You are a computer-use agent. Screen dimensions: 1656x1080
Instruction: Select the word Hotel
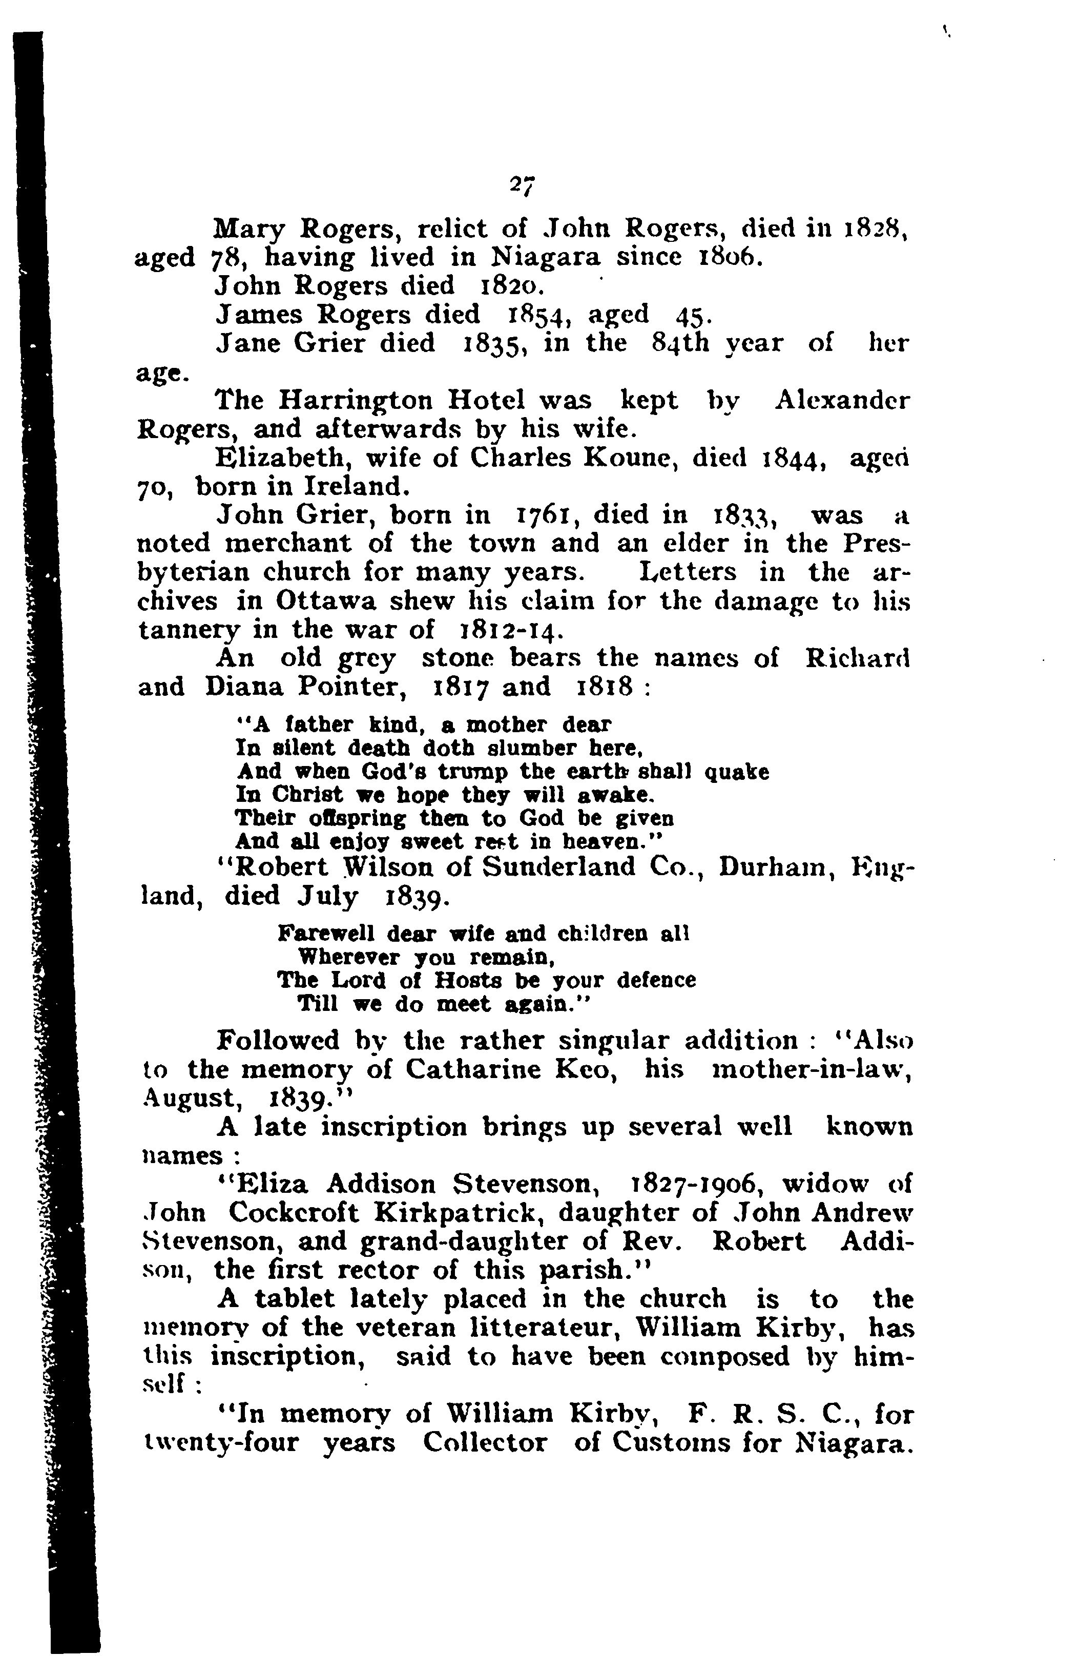[x=486, y=401]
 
